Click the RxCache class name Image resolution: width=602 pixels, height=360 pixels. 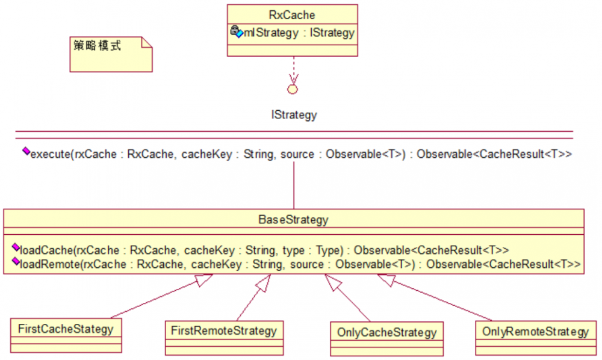(x=292, y=15)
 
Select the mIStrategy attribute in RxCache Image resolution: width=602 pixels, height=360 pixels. (x=299, y=33)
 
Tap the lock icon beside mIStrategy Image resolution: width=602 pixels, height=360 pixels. (x=235, y=30)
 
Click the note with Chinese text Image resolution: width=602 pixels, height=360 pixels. (x=111, y=54)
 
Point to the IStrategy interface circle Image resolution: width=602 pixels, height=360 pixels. (x=293, y=90)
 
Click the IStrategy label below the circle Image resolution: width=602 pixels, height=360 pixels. (x=294, y=115)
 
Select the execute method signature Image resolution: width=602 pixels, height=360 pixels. (x=301, y=154)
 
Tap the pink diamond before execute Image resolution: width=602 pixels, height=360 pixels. (x=26, y=151)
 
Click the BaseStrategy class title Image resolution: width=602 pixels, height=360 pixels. (x=293, y=220)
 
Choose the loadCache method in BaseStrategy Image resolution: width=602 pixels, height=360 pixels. (x=264, y=250)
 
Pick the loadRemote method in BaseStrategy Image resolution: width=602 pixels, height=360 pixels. (x=300, y=264)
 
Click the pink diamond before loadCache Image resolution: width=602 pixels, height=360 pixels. (x=16, y=247)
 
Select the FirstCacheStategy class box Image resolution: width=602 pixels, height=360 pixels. (x=66, y=335)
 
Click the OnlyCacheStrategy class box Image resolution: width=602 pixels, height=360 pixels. (x=386, y=339)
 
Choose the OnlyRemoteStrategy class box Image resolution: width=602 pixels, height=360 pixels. (x=536, y=338)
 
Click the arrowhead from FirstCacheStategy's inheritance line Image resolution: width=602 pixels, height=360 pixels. (x=203, y=280)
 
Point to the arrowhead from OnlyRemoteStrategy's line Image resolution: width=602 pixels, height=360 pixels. (x=386, y=280)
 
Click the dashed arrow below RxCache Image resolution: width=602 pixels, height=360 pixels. (x=294, y=70)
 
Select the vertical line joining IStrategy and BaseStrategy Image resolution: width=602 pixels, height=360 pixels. (x=294, y=185)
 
